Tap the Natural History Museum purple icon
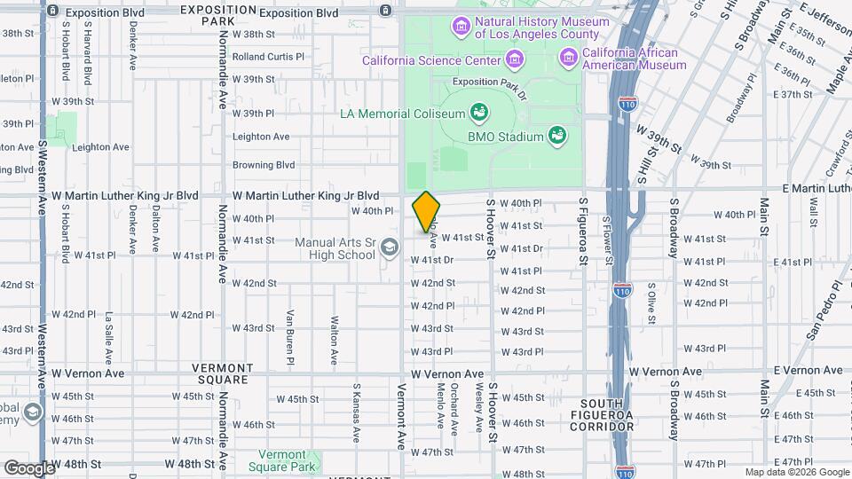[x=461, y=27]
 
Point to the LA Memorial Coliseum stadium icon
[x=479, y=113]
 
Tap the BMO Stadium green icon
[x=556, y=136]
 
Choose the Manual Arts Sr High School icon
[x=388, y=248]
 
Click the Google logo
[x=28, y=467]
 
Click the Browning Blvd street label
[x=263, y=165]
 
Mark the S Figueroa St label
[x=584, y=231]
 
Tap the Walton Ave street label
[x=335, y=340]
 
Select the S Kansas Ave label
[x=356, y=412]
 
